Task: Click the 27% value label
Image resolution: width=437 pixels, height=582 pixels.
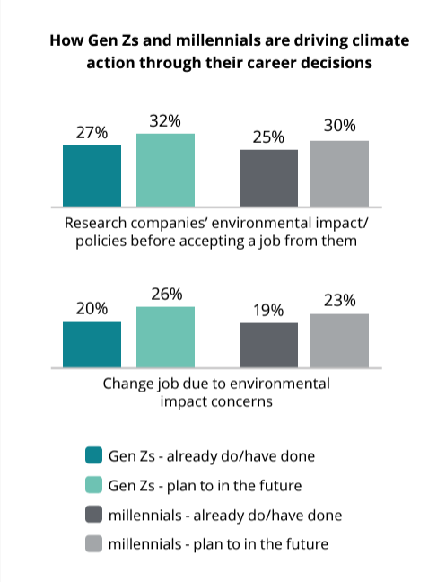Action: point(92,132)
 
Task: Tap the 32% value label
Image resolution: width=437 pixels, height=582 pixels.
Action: point(165,120)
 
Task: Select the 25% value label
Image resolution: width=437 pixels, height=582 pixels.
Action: point(268,137)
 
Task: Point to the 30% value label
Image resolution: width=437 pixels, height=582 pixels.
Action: point(339,127)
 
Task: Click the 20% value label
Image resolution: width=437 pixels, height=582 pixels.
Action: point(92,308)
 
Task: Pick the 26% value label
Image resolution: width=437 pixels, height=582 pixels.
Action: point(165,294)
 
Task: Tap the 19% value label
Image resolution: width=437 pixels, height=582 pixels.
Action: point(268,310)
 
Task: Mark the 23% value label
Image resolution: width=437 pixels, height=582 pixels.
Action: point(339,300)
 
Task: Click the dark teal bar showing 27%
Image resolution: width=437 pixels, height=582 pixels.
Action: point(92,175)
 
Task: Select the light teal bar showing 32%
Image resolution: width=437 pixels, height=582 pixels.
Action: point(165,170)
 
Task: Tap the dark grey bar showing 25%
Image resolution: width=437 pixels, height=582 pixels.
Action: point(268,178)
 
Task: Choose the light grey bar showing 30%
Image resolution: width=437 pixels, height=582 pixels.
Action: point(339,173)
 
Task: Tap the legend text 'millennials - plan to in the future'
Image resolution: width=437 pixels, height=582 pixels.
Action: point(218,543)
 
